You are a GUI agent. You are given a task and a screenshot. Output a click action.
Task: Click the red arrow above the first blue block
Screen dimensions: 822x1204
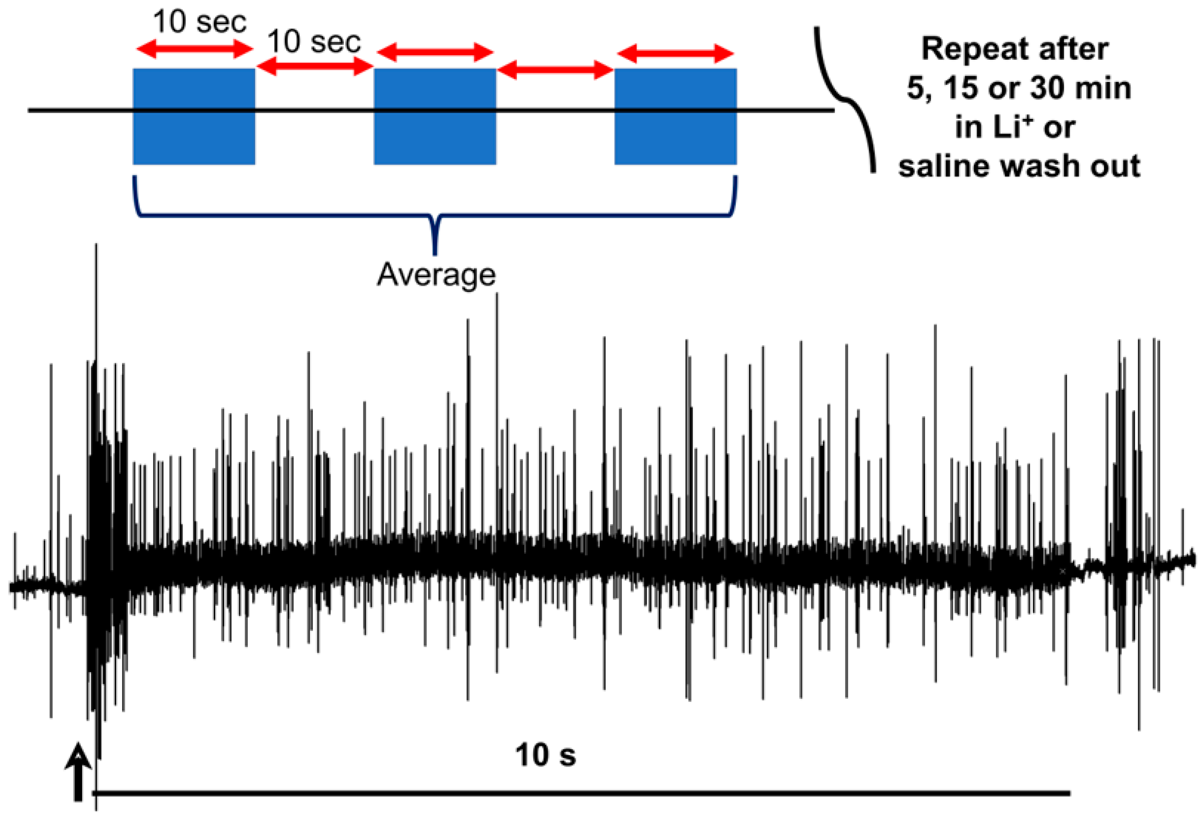pyautogui.click(x=195, y=50)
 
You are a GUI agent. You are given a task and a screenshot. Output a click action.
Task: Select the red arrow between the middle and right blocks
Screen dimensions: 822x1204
pyautogui.click(x=555, y=70)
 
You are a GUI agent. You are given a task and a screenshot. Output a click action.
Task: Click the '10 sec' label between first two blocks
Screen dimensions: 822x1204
pyautogui.click(x=314, y=42)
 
